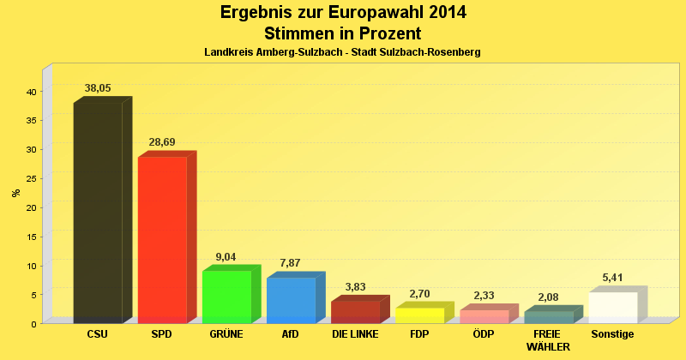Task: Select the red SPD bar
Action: pos(162,240)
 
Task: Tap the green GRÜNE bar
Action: pos(226,297)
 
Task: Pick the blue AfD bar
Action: pos(291,300)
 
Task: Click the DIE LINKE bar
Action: pos(355,311)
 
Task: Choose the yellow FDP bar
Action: pos(419,315)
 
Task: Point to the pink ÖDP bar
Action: pos(484,316)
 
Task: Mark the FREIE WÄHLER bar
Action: pos(548,317)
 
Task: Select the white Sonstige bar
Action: pos(612,308)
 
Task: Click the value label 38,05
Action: pos(98,88)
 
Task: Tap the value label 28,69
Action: pos(162,142)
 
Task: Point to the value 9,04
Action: pos(226,256)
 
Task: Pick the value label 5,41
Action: pos(612,278)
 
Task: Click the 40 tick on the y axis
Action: pos(30,92)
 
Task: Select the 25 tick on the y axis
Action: pos(30,178)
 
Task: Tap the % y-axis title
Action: pos(16,192)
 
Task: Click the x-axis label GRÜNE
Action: pos(226,333)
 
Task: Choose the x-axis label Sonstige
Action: pos(612,333)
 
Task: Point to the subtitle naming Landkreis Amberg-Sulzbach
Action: pos(342,52)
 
